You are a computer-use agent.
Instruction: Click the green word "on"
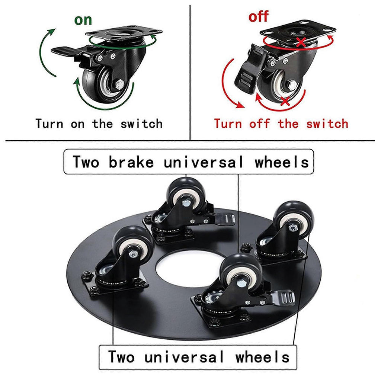click(x=83, y=20)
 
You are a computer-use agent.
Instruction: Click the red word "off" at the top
click(x=258, y=16)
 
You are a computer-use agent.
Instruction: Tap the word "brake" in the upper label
click(x=131, y=162)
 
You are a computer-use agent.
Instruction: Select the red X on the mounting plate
click(x=301, y=42)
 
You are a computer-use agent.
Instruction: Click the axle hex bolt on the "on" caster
click(x=119, y=84)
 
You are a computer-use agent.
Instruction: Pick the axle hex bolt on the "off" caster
click(x=292, y=85)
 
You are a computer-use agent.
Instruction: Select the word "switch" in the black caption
click(x=142, y=124)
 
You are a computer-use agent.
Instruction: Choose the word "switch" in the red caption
click(x=327, y=124)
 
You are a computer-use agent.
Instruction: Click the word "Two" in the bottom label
click(x=121, y=357)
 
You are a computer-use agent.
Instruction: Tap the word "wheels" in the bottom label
click(x=262, y=357)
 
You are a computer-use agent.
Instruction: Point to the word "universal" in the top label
click(x=204, y=162)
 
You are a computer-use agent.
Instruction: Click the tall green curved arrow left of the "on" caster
click(x=46, y=52)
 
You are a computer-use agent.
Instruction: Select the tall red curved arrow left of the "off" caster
click(x=231, y=84)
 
